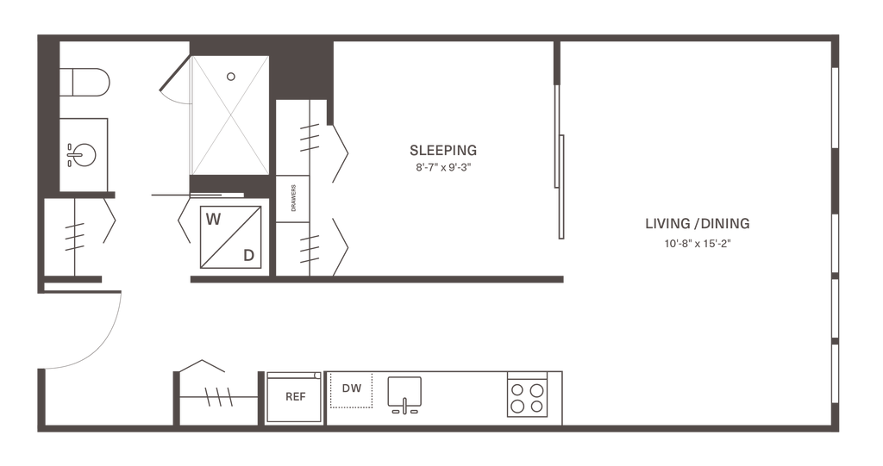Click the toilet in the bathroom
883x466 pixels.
tap(86, 85)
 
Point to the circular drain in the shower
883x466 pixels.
tap(230, 76)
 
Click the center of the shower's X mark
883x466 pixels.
tap(230, 115)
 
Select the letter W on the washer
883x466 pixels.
tap(212, 219)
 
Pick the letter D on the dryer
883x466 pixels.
tap(248, 254)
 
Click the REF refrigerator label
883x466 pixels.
tap(292, 397)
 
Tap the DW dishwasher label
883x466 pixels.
tap(351, 388)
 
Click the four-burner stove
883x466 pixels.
tap(529, 395)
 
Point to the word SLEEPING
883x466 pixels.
tap(443, 151)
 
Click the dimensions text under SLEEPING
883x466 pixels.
tap(443, 169)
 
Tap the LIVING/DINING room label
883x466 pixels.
tap(698, 224)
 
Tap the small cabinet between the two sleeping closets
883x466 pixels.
tap(291, 198)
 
